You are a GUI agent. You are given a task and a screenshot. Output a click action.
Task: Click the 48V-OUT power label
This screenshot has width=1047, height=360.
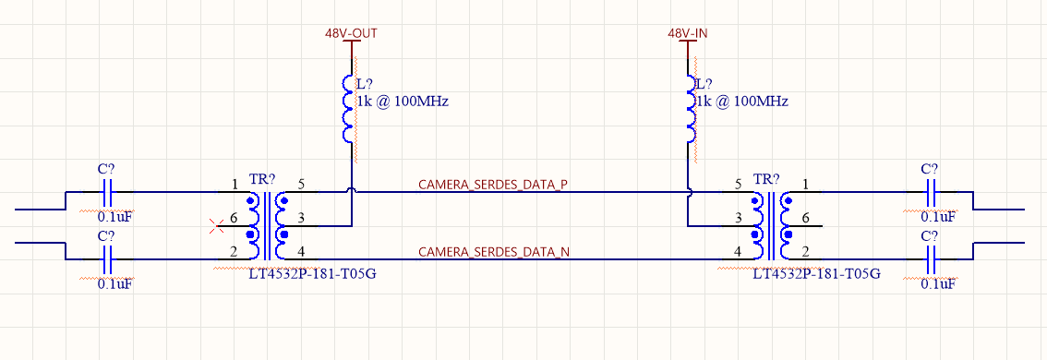click(351, 33)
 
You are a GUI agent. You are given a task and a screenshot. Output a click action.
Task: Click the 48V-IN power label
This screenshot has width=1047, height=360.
click(689, 33)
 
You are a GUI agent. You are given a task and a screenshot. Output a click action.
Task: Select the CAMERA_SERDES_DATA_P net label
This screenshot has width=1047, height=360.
click(492, 186)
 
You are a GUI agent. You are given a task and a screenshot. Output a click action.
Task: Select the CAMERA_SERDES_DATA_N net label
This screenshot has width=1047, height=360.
click(492, 251)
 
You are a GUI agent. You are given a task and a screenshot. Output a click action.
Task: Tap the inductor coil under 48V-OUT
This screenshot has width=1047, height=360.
click(349, 108)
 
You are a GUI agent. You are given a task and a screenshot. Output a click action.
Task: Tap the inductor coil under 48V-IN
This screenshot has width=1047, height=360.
click(689, 108)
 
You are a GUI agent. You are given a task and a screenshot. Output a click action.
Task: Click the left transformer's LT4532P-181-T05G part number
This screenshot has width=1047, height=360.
click(313, 274)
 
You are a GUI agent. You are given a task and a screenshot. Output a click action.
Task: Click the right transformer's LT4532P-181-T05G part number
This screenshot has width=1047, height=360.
click(817, 274)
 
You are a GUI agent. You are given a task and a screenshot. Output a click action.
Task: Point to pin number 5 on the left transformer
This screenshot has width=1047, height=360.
click(301, 184)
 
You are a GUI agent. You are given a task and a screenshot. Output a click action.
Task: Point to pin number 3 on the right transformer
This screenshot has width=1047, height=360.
click(738, 217)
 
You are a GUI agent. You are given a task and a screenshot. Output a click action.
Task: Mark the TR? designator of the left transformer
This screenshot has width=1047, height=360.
click(263, 178)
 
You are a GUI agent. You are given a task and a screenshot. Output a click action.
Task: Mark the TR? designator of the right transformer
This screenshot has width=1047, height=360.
click(767, 178)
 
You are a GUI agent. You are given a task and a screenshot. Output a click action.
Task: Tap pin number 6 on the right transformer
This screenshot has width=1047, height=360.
click(806, 217)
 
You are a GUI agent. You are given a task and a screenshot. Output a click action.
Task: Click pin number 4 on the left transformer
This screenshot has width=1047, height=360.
click(301, 251)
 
